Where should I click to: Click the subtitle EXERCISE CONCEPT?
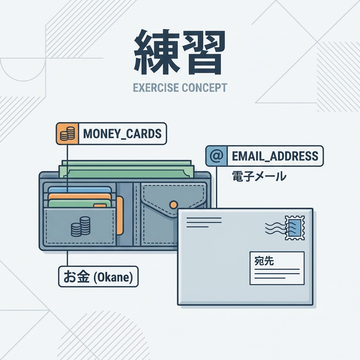[x=180, y=88]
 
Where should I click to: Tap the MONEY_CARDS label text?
[x=122, y=134]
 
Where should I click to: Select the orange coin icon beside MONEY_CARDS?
[x=67, y=134]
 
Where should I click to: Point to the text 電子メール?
[x=259, y=176]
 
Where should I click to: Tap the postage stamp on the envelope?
[x=295, y=228]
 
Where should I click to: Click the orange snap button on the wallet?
[x=173, y=204]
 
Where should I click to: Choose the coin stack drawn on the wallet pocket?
[x=81, y=226]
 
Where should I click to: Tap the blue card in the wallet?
[x=79, y=189]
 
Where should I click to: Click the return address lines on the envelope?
[x=204, y=222]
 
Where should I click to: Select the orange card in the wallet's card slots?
[x=79, y=196]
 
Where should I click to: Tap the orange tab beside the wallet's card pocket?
[x=120, y=215]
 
